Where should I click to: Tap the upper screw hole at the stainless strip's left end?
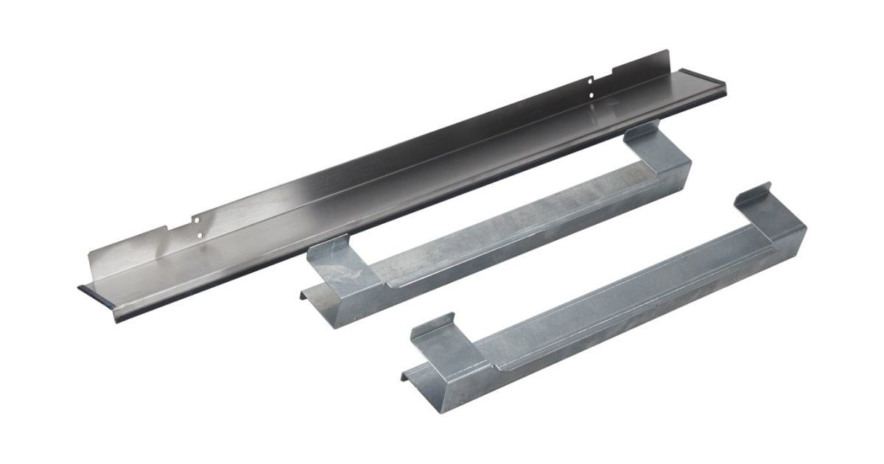click(197, 219)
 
